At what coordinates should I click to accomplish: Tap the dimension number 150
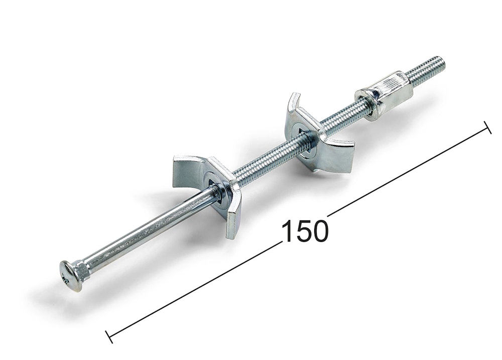click(x=305, y=230)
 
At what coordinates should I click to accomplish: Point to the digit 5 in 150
click(x=304, y=230)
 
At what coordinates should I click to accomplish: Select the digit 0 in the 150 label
click(x=320, y=230)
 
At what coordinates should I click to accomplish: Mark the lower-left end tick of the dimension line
click(x=109, y=336)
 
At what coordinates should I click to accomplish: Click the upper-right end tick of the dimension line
click(x=487, y=128)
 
